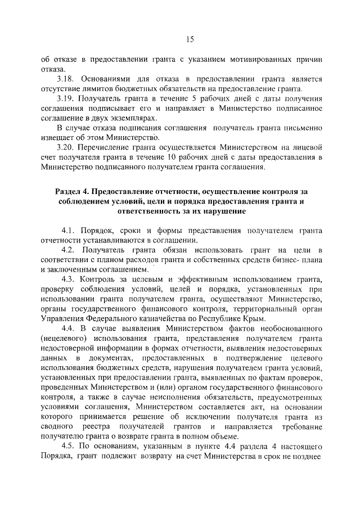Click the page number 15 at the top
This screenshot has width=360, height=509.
click(190, 39)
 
